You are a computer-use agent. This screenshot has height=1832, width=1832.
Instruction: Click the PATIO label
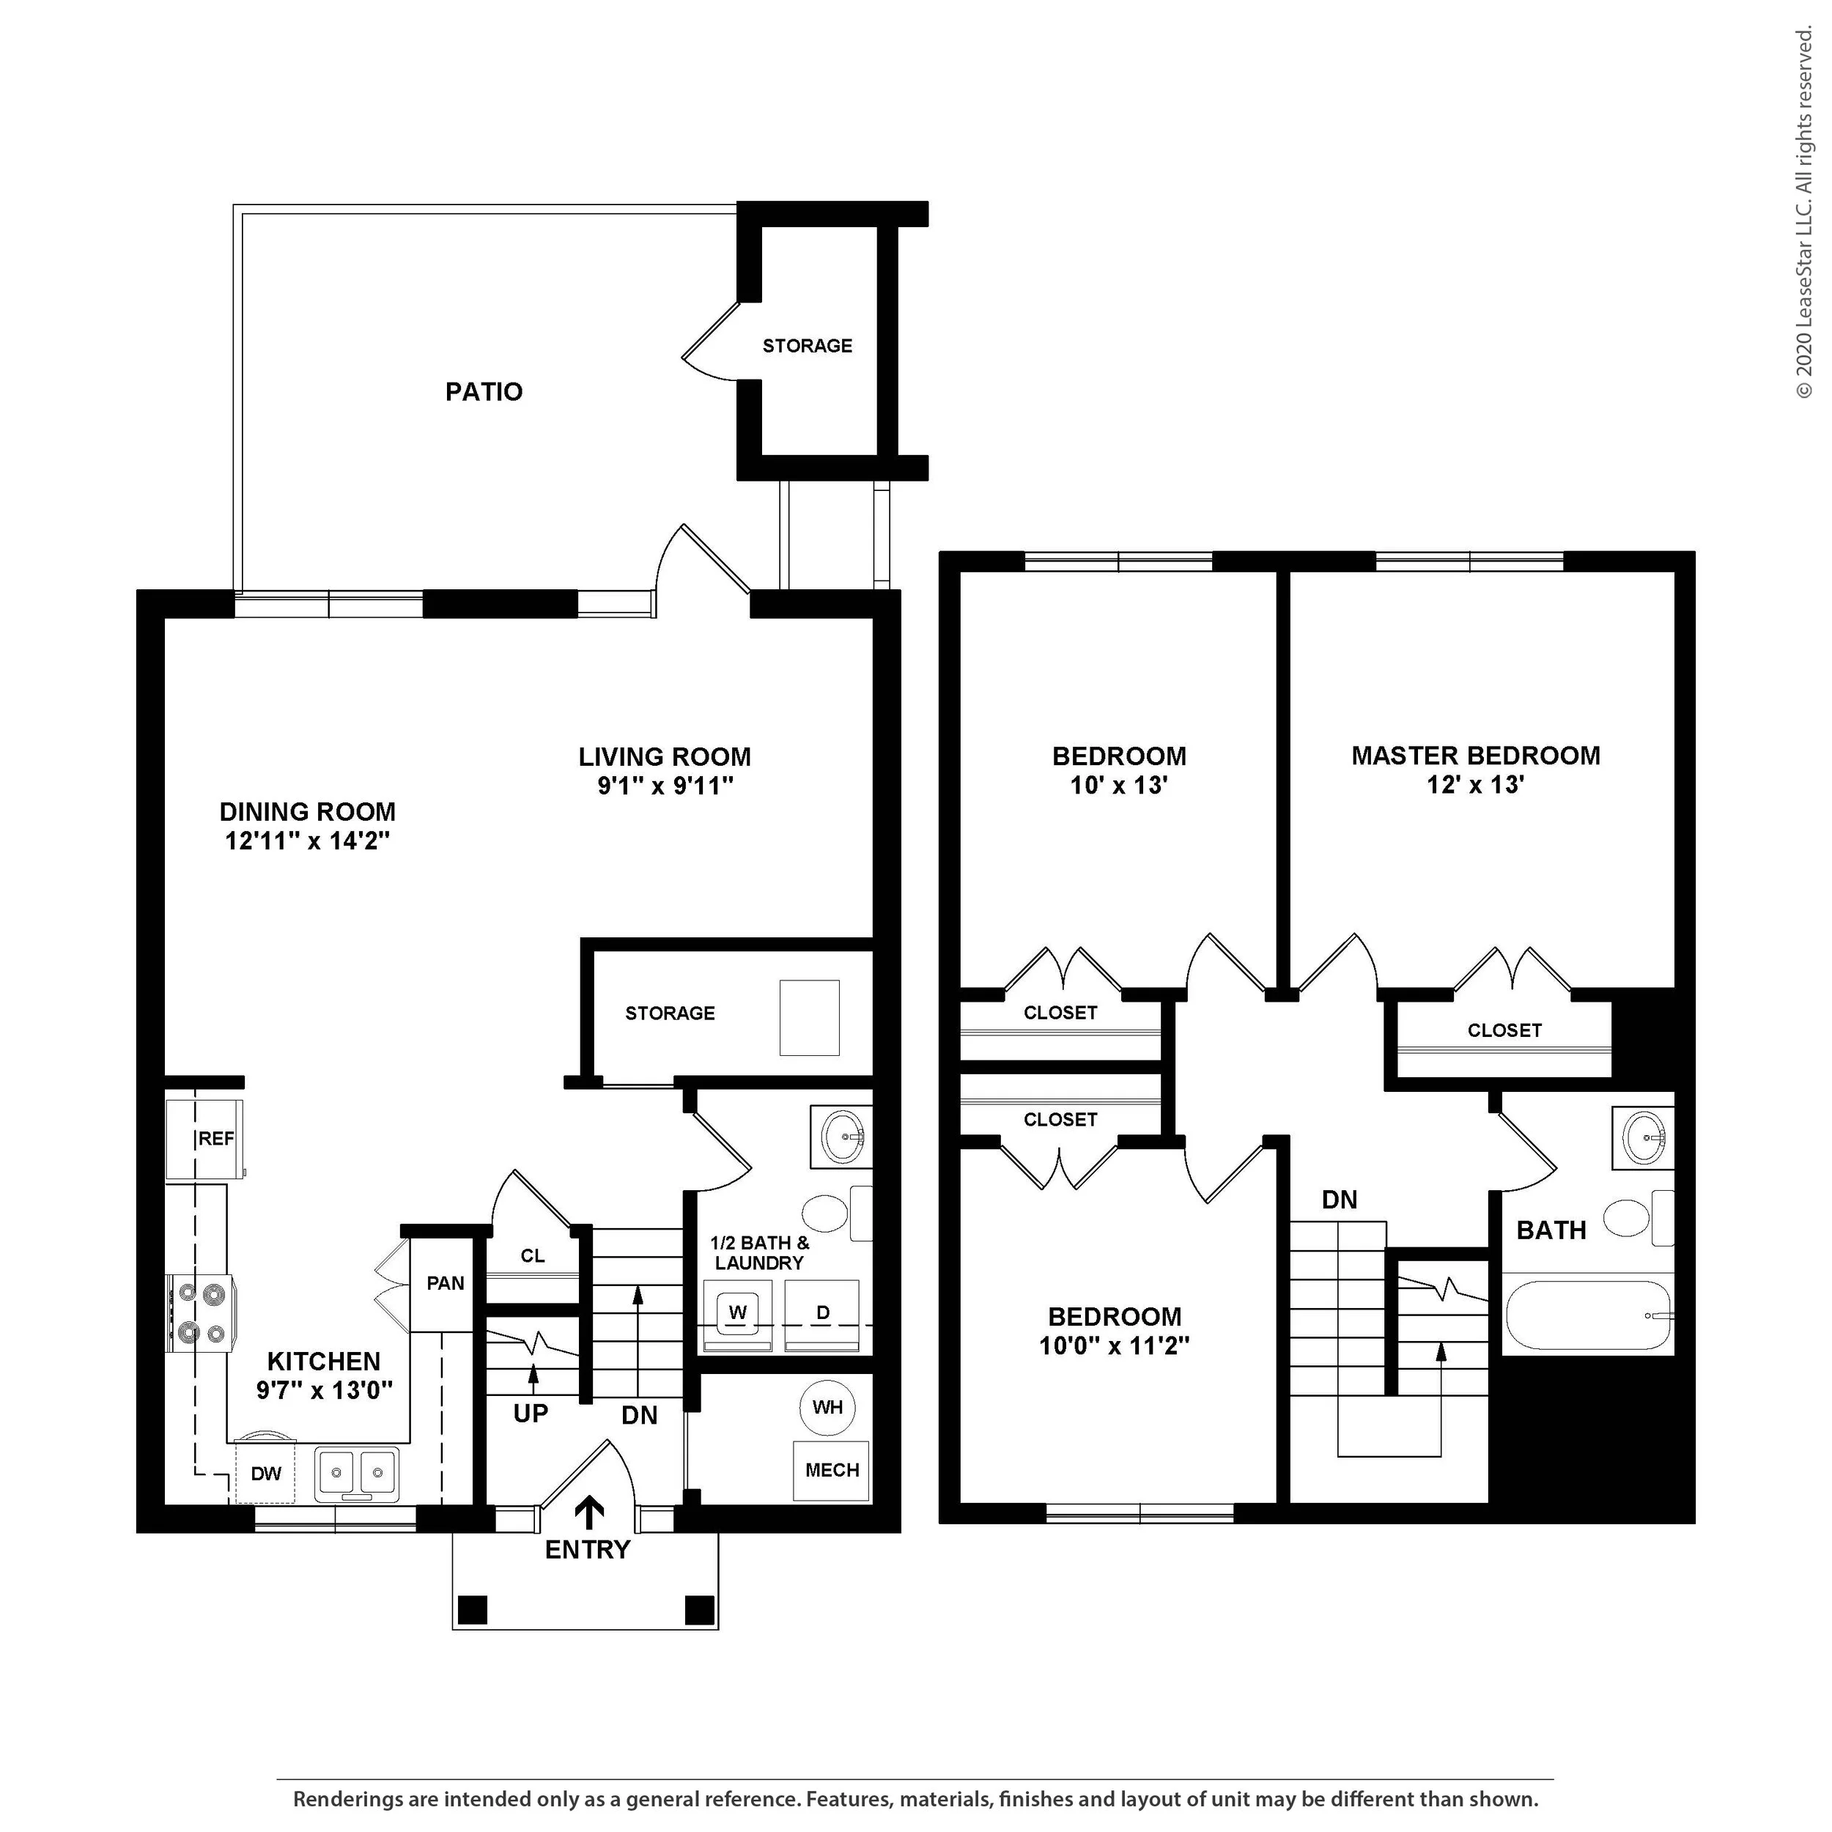click(484, 391)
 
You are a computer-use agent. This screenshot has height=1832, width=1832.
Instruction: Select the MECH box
click(831, 1471)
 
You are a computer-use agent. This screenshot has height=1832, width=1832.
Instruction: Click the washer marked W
click(738, 1313)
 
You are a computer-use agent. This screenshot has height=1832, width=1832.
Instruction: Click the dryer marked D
click(822, 1313)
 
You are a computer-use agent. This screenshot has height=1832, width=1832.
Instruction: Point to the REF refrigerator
click(206, 1139)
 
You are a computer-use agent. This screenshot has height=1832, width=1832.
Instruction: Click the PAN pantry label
click(445, 1284)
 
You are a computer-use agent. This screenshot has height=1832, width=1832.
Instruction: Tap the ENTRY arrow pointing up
click(590, 1512)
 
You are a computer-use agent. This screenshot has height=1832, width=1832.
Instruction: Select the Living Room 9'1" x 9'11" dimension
click(665, 786)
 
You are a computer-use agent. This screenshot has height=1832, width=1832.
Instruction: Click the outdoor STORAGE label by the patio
click(807, 346)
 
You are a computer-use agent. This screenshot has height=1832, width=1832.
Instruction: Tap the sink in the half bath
click(842, 1134)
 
